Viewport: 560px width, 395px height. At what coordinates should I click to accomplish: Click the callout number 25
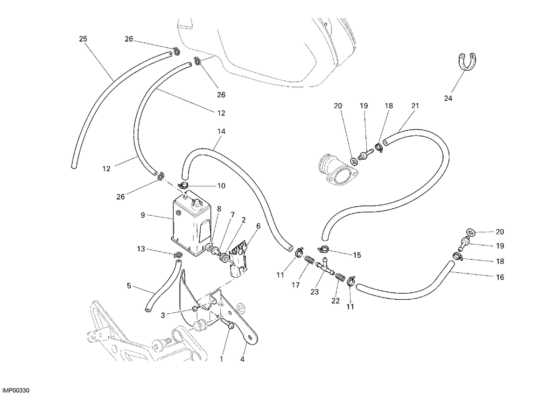[x=83, y=39]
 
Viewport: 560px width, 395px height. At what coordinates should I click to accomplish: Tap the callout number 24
[x=448, y=99]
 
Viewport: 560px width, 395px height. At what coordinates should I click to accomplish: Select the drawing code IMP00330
[x=16, y=390]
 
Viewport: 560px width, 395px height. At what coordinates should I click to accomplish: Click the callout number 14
[x=221, y=131]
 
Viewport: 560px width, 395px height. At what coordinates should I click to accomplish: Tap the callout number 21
[x=415, y=106]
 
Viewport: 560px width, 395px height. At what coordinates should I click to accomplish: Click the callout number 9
[x=143, y=215]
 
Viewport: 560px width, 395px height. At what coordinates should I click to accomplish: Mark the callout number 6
[x=258, y=226]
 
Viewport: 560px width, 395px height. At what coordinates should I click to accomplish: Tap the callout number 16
[x=500, y=277]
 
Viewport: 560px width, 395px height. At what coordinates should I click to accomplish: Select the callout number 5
[x=129, y=286]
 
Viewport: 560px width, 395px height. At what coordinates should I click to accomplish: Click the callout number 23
[x=315, y=292]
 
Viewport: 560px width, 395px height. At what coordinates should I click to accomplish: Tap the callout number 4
[x=242, y=359]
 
